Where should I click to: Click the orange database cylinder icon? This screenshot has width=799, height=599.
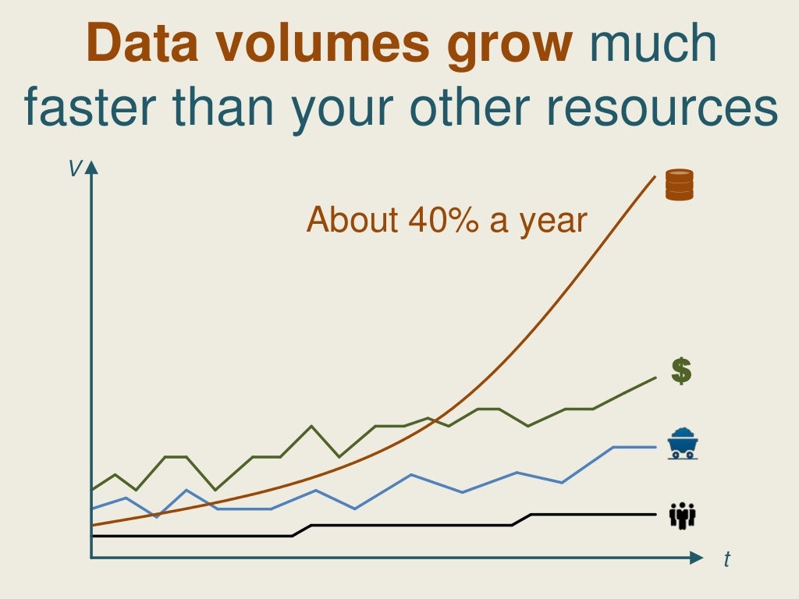pyautogui.click(x=679, y=185)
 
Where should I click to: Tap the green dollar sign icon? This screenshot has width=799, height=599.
pyautogui.click(x=681, y=371)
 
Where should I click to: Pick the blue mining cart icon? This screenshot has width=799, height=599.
pyautogui.click(x=683, y=443)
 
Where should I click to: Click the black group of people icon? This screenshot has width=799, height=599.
pyautogui.click(x=683, y=516)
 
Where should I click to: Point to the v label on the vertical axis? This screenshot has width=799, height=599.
pyautogui.click(x=75, y=168)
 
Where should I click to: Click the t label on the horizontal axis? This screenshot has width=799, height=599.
pyautogui.click(x=726, y=559)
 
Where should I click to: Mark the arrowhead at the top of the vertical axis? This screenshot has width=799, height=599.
pyautogui.click(x=91, y=166)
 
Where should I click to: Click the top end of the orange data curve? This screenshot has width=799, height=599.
pyautogui.click(x=654, y=178)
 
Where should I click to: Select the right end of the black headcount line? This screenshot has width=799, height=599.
pyautogui.click(x=655, y=515)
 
